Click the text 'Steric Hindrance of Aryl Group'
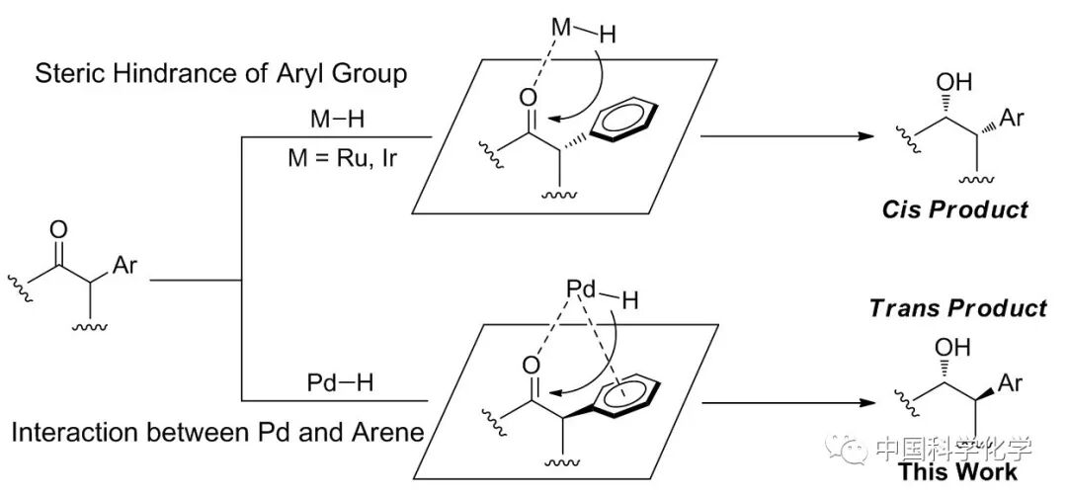click(x=220, y=75)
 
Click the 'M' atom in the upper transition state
click(x=562, y=27)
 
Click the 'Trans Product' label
click(x=957, y=308)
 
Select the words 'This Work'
click(x=957, y=471)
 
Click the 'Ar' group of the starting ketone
click(x=125, y=266)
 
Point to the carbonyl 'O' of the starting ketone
click(x=58, y=231)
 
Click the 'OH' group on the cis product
click(x=953, y=82)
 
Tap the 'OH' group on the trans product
click(x=954, y=348)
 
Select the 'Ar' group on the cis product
click(x=1012, y=119)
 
